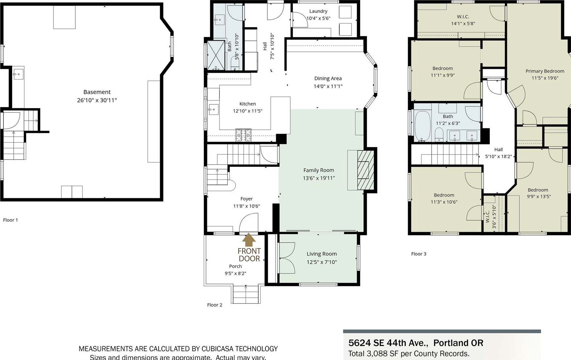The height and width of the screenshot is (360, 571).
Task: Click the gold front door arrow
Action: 249,240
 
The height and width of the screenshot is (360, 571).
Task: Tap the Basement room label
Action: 97,92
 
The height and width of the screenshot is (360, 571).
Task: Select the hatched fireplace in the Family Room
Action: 366,170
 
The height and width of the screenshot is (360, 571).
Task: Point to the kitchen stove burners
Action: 243,135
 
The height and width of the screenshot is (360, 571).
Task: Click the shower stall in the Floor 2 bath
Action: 216,55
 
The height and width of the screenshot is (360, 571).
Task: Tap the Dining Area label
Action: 328,79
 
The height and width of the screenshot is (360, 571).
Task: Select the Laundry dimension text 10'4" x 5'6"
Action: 318,18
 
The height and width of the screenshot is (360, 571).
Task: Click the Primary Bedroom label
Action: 545,71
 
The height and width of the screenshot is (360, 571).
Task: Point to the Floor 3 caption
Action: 419,254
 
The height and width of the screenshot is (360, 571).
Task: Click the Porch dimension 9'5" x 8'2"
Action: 235,274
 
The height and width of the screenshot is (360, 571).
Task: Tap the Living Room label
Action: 322,254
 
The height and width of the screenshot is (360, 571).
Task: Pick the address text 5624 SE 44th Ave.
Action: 388,343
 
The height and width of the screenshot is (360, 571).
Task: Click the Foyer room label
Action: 247,199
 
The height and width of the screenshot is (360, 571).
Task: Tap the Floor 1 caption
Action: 10,220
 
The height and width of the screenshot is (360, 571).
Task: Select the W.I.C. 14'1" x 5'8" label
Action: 463,20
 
